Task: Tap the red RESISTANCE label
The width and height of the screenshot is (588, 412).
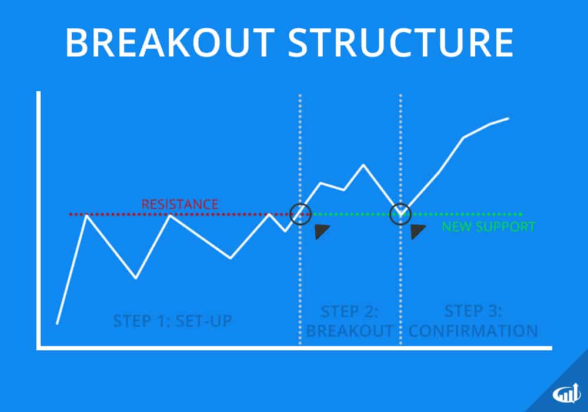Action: (x=180, y=205)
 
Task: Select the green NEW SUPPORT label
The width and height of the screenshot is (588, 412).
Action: (x=489, y=227)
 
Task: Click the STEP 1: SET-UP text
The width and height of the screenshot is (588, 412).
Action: (x=172, y=321)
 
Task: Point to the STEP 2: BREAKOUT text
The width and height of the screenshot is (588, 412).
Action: (x=349, y=321)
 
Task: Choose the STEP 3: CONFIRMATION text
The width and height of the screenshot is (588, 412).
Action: (x=473, y=321)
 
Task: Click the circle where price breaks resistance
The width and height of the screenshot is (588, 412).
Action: (x=300, y=213)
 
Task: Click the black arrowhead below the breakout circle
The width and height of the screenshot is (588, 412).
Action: (x=322, y=231)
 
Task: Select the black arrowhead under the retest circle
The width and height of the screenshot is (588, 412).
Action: (x=417, y=231)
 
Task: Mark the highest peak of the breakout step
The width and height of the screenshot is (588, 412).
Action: (x=363, y=165)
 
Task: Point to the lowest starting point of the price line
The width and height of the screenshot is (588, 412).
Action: (x=57, y=323)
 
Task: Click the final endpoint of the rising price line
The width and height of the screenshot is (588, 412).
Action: (x=508, y=118)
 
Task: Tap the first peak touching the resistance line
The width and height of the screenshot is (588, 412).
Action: (x=87, y=215)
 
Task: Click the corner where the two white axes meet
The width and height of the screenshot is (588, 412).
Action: (x=39, y=348)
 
